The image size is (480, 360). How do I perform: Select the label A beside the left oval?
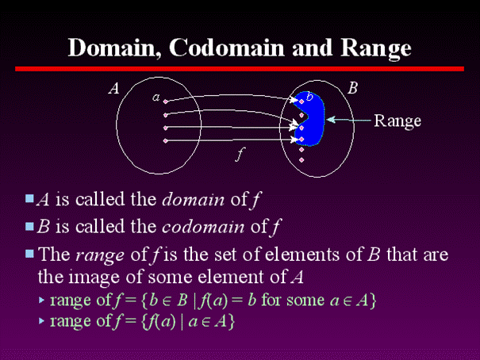(114, 90)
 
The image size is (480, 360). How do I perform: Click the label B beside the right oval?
(352, 89)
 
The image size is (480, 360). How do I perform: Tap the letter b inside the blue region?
(309, 98)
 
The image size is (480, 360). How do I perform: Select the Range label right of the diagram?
(397, 121)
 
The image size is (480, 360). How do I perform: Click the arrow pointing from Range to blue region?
(349, 121)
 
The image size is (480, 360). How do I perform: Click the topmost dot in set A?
(166, 100)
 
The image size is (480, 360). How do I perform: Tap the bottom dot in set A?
(166, 140)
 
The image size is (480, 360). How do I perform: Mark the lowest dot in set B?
(301, 160)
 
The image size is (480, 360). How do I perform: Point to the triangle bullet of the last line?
(42, 322)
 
